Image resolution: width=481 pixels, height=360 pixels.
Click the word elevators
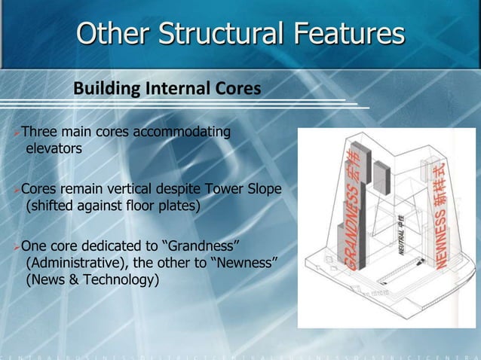click(54, 149)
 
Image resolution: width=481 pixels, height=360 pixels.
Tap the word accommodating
click(182, 133)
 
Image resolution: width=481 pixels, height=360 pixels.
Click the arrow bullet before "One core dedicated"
click(17, 246)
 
